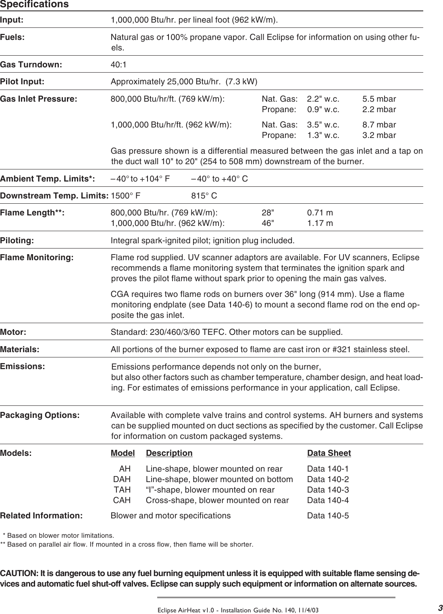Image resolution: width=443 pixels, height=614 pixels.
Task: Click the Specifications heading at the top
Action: tap(34, 4)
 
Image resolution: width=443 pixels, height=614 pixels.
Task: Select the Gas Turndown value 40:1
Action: tap(118, 65)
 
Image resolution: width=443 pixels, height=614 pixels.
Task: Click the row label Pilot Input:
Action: tap(22, 81)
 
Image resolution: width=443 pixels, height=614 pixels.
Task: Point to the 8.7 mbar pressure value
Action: tap(379, 125)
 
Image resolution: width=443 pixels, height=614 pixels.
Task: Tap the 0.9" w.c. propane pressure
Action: tap(323, 109)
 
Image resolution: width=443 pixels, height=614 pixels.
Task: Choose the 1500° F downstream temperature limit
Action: tap(125, 196)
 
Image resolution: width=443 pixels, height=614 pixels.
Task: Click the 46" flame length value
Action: tap(267, 223)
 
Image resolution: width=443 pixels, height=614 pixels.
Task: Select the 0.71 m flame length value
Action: tap(320, 213)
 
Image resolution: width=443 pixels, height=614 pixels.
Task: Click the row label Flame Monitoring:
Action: tap(37, 257)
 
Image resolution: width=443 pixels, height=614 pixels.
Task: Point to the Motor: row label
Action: tap(13, 332)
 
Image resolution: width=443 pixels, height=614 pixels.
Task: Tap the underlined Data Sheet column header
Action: tap(329, 453)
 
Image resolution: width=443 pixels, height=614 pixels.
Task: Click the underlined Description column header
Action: tap(169, 453)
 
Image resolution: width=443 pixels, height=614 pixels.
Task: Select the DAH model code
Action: tap(122, 479)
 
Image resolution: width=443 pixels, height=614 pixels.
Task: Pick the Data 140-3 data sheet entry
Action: tap(328, 490)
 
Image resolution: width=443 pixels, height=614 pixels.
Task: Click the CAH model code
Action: tap(122, 500)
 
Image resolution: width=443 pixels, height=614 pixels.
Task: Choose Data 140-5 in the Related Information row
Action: tap(328, 516)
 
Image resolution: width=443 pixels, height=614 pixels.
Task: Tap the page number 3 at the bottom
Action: tap(440, 608)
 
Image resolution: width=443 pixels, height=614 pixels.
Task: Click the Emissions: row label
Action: tap(22, 366)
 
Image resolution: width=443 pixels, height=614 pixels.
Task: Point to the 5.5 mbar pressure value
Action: tap(379, 99)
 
